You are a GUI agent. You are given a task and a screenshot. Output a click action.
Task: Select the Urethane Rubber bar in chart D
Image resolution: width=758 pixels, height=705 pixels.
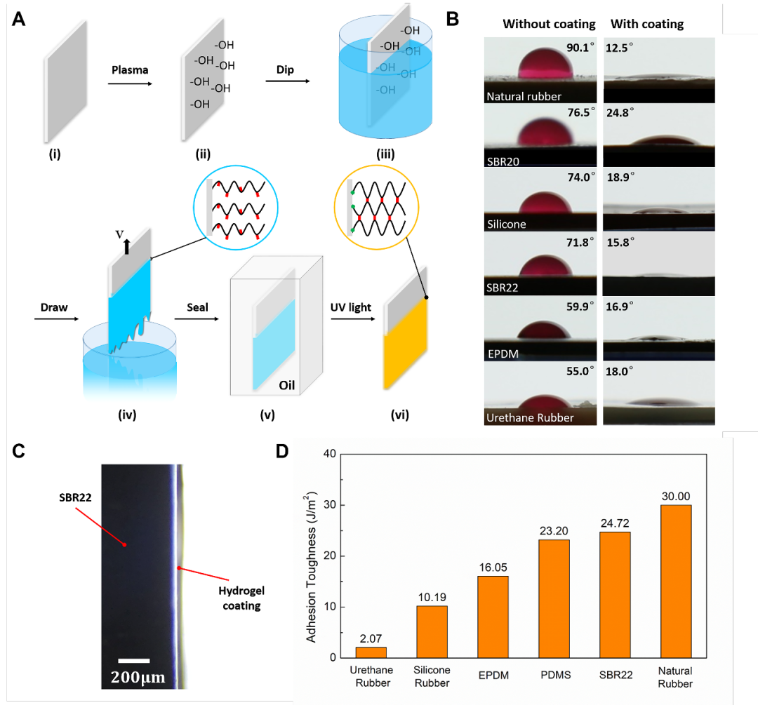pyautogui.click(x=371, y=652)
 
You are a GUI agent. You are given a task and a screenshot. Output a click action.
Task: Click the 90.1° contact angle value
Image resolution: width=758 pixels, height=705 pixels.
pyautogui.click(x=580, y=48)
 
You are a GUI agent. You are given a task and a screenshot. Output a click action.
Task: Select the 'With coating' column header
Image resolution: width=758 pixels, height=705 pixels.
pyautogui.click(x=647, y=24)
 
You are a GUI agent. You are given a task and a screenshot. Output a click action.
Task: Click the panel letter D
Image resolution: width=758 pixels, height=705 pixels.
pyautogui.click(x=282, y=451)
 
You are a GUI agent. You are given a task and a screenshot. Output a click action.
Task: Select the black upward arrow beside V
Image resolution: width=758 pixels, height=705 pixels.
pyautogui.click(x=127, y=246)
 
